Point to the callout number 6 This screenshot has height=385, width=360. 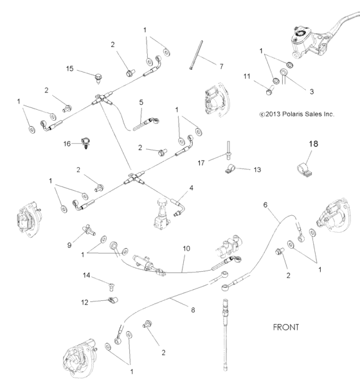point(191,188)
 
